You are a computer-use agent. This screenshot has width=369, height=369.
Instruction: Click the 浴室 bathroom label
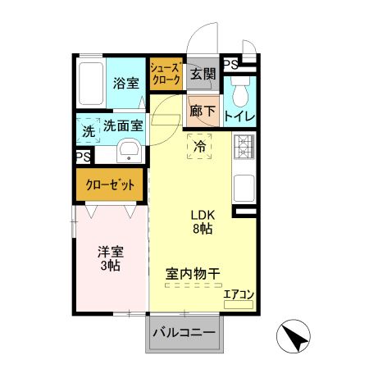pyautogui.click(x=125, y=82)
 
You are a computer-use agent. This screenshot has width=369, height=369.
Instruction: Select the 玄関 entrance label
pyautogui.click(x=203, y=75)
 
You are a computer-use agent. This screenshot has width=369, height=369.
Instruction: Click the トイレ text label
pyautogui.click(x=239, y=116)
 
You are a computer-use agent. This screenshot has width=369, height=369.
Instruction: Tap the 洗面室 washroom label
pyautogui.click(x=122, y=126)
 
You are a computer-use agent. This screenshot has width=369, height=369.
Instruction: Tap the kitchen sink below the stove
pyautogui.click(x=244, y=188)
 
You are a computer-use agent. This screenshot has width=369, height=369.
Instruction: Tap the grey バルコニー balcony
pyautogui.click(x=184, y=335)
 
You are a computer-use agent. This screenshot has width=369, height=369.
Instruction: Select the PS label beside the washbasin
pyautogui.click(x=83, y=157)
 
